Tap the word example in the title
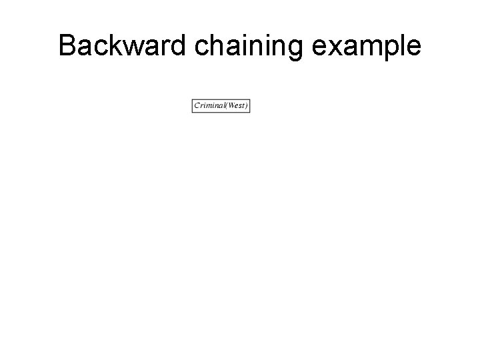(x=364, y=46)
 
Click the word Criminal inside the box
(x=208, y=105)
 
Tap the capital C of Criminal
(x=197, y=105)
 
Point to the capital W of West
(x=230, y=105)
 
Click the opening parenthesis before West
(x=225, y=105)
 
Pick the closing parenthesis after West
(x=247, y=105)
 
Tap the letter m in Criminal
(x=209, y=105)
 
